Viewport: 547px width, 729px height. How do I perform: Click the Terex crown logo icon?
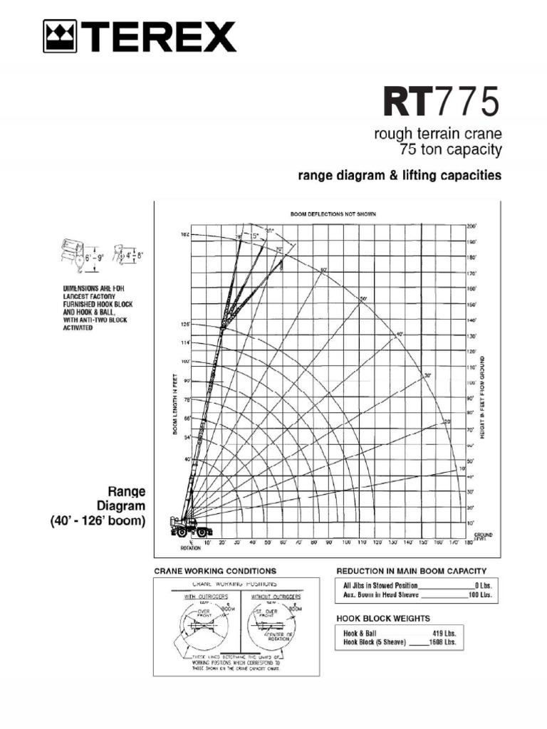(60, 37)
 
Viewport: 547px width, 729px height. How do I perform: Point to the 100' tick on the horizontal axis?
(345, 542)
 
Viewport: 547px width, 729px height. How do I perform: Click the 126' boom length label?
(184, 325)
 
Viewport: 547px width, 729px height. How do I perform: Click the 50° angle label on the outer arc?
(363, 298)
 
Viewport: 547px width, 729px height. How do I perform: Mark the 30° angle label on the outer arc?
(427, 374)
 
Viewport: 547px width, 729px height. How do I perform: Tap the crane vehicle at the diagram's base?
(189, 528)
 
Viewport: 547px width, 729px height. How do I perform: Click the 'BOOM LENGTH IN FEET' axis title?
(174, 405)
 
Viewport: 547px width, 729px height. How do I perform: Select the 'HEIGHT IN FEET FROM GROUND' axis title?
(482, 397)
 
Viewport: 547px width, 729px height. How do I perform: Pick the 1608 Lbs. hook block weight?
(443, 641)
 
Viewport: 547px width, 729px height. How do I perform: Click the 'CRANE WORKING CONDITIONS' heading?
(215, 571)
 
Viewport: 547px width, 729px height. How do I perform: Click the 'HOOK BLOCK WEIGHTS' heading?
(382, 619)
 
